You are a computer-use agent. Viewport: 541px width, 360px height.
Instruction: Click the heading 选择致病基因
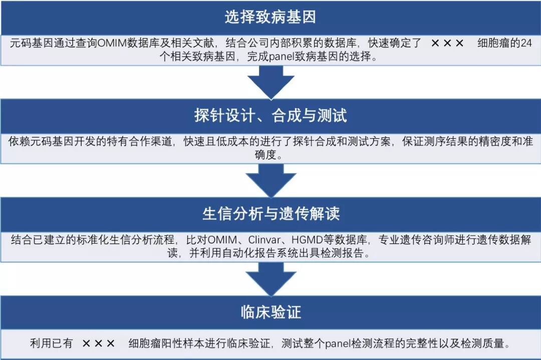pos(270,18)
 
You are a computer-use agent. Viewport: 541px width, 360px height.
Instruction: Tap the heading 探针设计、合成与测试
pos(270,116)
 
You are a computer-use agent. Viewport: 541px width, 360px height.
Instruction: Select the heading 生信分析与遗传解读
pos(270,214)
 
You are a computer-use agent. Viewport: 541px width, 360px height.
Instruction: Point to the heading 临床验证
pos(270,312)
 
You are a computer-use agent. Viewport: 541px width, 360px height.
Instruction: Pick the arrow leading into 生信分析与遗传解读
pos(270,180)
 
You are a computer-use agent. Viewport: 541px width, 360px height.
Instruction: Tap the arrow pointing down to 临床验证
pos(270,278)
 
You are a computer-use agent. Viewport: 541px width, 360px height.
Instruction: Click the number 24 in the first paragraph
pos(525,43)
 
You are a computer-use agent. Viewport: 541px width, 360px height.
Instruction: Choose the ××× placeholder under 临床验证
pos(99,344)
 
